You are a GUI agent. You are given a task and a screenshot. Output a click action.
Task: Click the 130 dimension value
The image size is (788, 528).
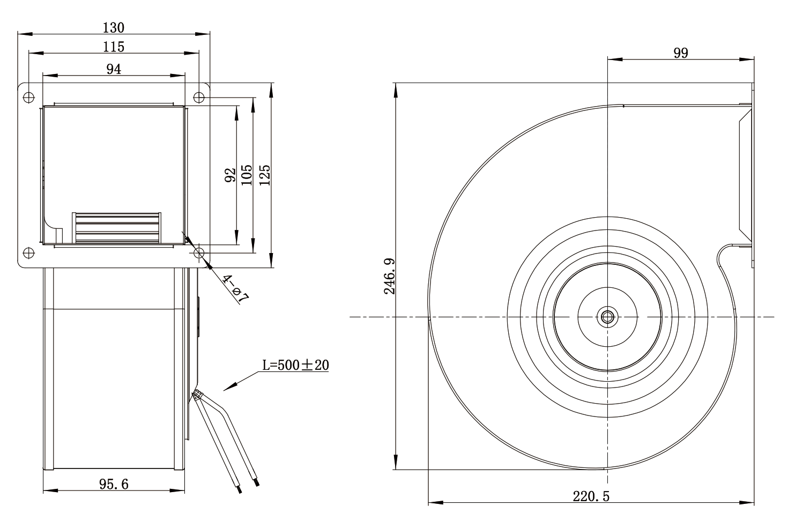pyautogui.click(x=113, y=27)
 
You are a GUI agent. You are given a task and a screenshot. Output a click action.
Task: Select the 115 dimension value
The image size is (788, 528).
pyautogui.click(x=113, y=47)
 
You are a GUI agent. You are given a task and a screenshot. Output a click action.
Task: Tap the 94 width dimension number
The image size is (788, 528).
pyautogui.click(x=114, y=69)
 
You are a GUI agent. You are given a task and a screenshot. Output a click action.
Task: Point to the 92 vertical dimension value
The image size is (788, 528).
pyautogui.click(x=230, y=175)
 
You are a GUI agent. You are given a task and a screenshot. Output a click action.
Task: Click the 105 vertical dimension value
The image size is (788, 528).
pyautogui.click(x=247, y=175)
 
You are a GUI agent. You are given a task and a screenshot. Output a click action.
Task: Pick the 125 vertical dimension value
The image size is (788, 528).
pyautogui.click(x=264, y=175)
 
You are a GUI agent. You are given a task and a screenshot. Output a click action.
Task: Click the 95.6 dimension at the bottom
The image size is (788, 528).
pyautogui.click(x=114, y=485)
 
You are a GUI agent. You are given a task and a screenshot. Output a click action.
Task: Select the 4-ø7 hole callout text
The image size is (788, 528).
pyautogui.click(x=235, y=289)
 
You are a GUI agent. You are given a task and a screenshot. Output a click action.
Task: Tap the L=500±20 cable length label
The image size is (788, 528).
pyautogui.click(x=296, y=365)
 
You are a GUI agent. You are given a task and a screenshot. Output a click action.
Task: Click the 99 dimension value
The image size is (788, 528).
pyautogui.click(x=681, y=53)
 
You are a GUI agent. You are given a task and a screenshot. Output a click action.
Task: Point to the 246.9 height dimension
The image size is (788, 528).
pyautogui.click(x=389, y=276)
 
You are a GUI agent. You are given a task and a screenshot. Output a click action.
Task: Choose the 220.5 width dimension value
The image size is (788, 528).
pyautogui.click(x=591, y=496)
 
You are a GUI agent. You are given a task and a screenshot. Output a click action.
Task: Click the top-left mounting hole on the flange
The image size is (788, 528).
pyautogui.click(x=28, y=97)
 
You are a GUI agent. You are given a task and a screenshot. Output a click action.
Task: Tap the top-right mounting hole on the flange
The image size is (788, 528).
pyautogui.click(x=199, y=97)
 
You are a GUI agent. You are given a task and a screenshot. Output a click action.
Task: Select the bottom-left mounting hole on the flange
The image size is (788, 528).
pyautogui.click(x=28, y=252)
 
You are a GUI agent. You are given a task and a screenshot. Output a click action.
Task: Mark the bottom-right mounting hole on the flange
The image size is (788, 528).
pyautogui.click(x=199, y=252)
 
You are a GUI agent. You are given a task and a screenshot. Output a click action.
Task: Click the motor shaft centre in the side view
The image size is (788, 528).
pyautogui.click(x=607, y=317)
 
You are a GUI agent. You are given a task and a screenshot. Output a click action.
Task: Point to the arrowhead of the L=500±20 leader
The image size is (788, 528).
pyautogui.click(x=224, y=390)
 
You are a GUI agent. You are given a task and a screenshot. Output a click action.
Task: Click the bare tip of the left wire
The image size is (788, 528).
pyautogui.click(x=240, y=489)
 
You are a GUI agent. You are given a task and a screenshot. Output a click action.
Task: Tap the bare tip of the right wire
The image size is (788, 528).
pyautogui.click(x=257, y=482)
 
